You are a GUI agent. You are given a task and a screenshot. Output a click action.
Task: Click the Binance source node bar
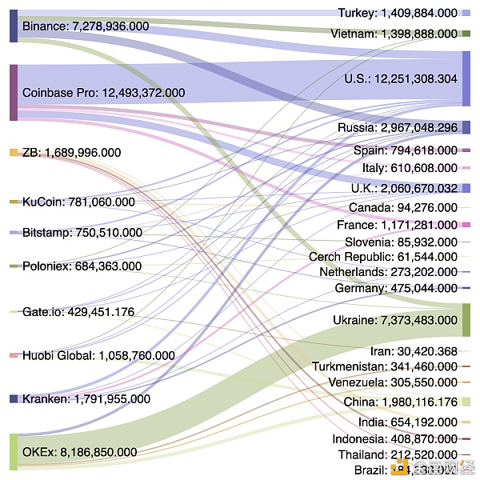tap(14, 26)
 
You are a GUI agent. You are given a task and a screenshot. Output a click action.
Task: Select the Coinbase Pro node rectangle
tap(14, 92)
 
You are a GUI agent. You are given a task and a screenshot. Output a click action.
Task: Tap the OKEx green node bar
tap(14, 451)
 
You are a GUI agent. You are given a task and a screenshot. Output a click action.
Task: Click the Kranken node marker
tap(14, 398)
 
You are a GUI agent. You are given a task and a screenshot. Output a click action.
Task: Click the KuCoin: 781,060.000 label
tap(78, 202)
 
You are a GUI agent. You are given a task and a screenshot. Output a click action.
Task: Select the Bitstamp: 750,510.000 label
tap(82, 233)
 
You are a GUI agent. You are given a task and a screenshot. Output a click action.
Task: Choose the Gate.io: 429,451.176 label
tap(78, 312)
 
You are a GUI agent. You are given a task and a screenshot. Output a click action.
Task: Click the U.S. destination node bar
tap(466, 78)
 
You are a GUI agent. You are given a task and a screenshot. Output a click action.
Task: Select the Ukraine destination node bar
tap(466, 319)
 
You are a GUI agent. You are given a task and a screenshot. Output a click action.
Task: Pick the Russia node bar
tap(466, 127)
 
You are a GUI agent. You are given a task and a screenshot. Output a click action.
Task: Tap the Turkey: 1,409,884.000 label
tap(398, 13)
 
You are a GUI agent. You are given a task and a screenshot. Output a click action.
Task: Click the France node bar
tap(466, 225)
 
